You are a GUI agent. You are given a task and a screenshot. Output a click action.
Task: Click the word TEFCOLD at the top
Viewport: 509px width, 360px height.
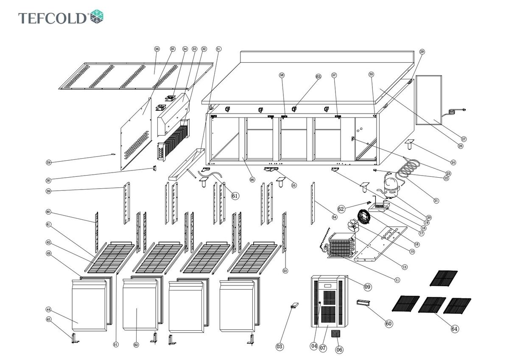(x=53, y=18)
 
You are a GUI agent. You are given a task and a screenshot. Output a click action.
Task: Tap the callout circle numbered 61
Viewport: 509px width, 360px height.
(x=235, y=195)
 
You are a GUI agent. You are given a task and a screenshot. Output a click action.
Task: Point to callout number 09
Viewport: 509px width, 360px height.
(x=367, y=287)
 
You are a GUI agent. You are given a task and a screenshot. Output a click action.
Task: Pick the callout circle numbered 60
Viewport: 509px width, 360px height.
(x=389, y=324)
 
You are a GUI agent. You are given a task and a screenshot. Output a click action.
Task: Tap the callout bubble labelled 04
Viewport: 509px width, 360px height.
(x=314, y=346)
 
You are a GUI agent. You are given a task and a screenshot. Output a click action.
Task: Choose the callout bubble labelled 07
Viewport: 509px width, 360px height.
(x=323, y=349)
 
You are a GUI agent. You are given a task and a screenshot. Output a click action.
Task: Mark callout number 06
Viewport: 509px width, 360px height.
(x=339, y=350)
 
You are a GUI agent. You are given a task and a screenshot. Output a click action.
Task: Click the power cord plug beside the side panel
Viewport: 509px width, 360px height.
(x=456, y=112)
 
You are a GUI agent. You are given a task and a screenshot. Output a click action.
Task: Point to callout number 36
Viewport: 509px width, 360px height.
(x=157, y=49)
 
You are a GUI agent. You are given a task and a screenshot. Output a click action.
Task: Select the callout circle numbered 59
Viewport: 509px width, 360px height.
(x=49, y=162)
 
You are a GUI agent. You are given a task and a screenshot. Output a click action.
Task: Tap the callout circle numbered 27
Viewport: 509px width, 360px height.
(x=464, y=139)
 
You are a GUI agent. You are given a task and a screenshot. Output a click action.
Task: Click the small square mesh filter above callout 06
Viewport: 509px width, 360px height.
(x=337, y=334)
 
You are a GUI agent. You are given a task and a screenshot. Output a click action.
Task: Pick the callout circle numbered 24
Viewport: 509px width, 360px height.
(x=453, y=162)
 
